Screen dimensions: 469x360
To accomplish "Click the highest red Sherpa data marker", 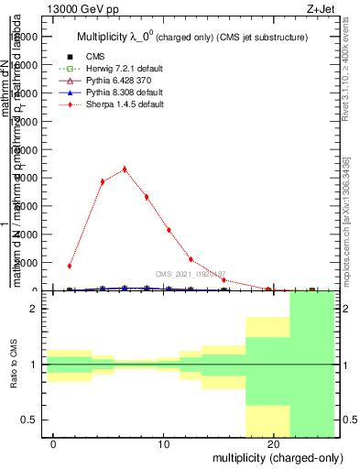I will click(x=125, y=169).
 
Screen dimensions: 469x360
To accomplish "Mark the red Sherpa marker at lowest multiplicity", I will click(x=70, y=266).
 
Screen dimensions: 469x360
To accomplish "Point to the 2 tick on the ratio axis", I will click(x=34, y=309).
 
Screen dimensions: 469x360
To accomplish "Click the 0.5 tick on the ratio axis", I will click(x=30, y=420).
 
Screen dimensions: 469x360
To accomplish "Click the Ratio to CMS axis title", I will click(x=14, y=365).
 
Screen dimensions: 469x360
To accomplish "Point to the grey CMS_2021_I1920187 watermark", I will click(x=190, y=274).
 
